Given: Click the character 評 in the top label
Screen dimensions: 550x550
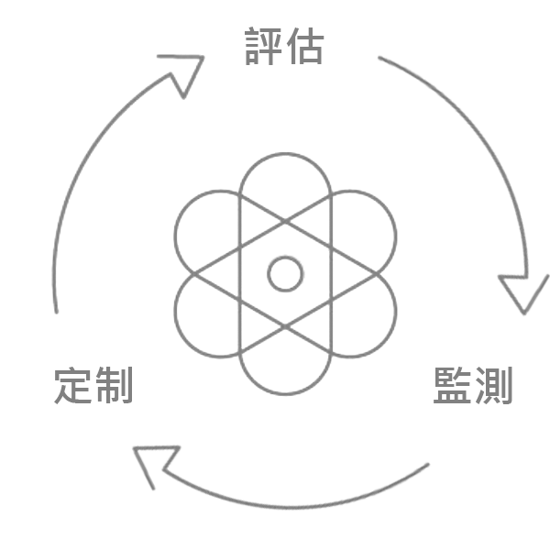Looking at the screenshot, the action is [x=263, y=47].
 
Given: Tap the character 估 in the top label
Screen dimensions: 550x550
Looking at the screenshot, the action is [x=305, y=46].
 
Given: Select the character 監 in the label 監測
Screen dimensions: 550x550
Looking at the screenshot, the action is [x=452, y=385].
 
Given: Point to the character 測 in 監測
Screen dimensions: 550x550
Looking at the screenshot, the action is [x=494, y=386].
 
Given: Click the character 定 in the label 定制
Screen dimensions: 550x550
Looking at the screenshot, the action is [x=72, y=385].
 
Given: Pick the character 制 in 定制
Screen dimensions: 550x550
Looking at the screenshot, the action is [x=114, y=385].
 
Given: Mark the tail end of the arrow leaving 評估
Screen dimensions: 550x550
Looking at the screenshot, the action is [x=379, y=57].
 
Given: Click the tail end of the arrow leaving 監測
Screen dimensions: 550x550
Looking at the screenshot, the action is [x=427, y=465].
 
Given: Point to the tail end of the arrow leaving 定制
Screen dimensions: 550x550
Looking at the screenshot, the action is [x=56, y=312].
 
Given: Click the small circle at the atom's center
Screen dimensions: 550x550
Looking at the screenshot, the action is [x=285, y=274].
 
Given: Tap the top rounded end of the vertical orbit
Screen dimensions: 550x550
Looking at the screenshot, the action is [x=285, y=154].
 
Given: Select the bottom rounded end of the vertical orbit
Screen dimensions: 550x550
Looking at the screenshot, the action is [x=285, y=394].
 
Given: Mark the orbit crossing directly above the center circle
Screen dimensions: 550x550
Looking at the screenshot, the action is [x=285, y=221].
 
